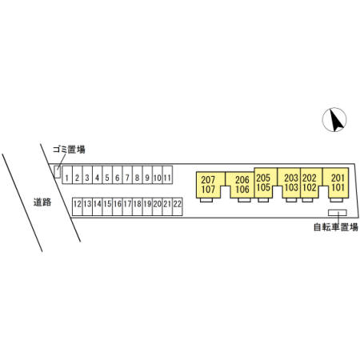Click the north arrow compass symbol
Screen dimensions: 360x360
click(x=334, y=119)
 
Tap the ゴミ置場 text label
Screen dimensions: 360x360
click(x=69, y=150)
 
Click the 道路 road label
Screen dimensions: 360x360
click(x=42, y=202)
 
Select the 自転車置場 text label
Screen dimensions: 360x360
click(x=336, y=227)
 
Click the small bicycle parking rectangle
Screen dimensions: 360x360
click(x=338, y=213)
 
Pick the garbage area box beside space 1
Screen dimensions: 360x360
click(x=57, y=172)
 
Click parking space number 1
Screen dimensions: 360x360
click(x=67, y=174)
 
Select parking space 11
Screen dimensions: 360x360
click(x=167, y=174)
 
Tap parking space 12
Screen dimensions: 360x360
click(x=78, y=206)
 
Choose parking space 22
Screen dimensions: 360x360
click(x=178, y=206)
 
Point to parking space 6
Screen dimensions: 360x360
click(x=118, y=174)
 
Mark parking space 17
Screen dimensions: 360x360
click(x=127, y=206)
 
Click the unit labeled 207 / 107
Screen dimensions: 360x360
click(x=209, y=185)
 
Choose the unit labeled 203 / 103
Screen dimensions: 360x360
click(x=291, y=182)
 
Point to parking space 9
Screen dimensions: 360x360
click(x=147, y=174)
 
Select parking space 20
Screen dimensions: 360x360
click(x=158, y=206)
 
